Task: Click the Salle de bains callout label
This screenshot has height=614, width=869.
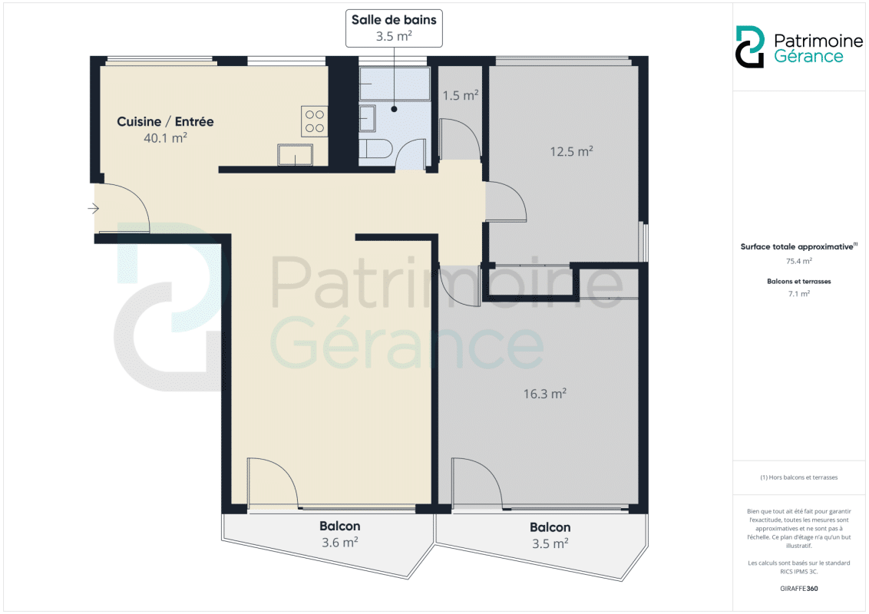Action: (394, 28)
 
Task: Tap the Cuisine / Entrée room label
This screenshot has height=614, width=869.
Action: (165, 130)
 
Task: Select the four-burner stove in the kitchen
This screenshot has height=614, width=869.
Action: (314, 121)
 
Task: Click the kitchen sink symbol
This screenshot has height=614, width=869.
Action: (295, 154)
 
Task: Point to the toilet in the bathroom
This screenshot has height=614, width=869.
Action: (375, 149)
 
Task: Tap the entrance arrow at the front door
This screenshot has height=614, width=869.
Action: (93, 208)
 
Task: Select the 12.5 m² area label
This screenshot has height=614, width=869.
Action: (571, 151)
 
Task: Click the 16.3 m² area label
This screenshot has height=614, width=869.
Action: (545, 394)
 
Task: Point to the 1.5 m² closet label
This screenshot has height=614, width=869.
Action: (461, 95)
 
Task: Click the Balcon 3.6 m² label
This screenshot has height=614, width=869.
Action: (340, 533)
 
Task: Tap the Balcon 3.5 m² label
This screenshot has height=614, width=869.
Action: (550, 535)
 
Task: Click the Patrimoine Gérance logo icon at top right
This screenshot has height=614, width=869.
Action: (750, 47)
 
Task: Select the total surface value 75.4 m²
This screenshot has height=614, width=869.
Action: (798, 261)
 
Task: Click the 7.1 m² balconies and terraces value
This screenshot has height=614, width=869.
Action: (798, 294)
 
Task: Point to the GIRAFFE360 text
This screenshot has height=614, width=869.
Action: (798, 589)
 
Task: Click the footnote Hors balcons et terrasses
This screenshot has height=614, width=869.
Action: (798, 477)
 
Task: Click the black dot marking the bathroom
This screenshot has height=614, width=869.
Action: (394, 109)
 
